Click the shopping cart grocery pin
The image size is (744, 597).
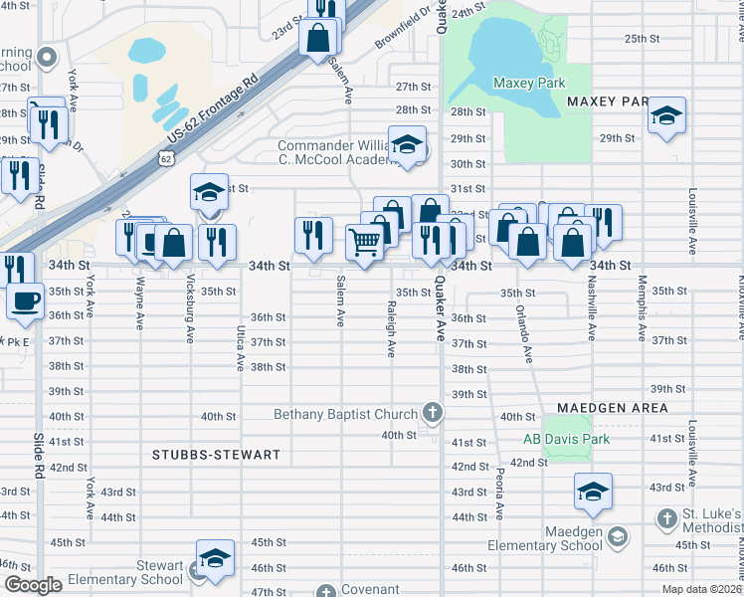[x=365, y=242]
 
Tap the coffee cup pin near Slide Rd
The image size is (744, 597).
[x=25, y=300]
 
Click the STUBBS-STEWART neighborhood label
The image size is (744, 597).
[x=215, y=454]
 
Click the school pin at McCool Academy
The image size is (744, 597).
[x=407, y=145]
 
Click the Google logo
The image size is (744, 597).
[x=32, y=585]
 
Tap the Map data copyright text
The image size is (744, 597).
[x=700, y=589]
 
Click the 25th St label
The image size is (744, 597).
[x=642, y=39]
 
